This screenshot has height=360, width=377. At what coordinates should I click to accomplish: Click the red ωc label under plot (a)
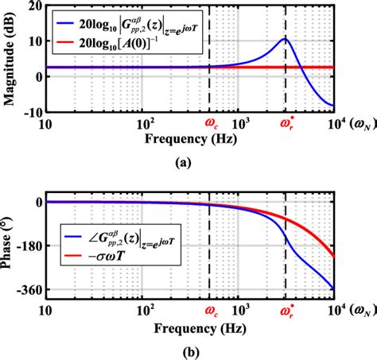211,124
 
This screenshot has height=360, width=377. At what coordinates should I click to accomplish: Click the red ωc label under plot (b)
211,312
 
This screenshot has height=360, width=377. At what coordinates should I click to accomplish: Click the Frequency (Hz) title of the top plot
189,140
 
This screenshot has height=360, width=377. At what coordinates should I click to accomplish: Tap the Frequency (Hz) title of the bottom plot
189,327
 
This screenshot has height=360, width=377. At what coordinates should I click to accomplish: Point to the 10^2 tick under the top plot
145,125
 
